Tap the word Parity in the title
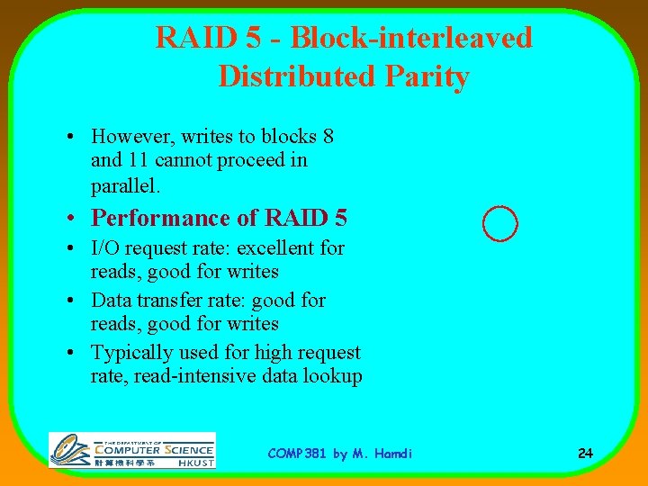click(x=428, y=76)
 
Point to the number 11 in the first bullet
click(x=140, y=160)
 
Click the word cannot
click(x=187, y=160)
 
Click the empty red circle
click(x=499, y=223)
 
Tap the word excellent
click(x=276, y=247)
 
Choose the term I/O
click(x=107, y=247)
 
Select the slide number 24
click(x=585, y=453)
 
